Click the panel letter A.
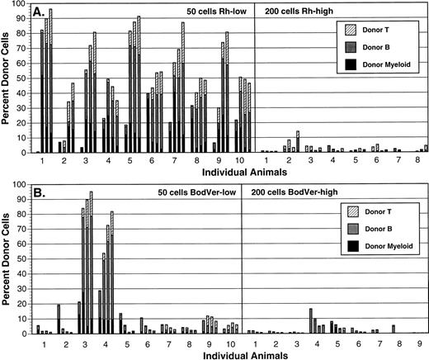tap(35, 13)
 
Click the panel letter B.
tap(35, 192)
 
